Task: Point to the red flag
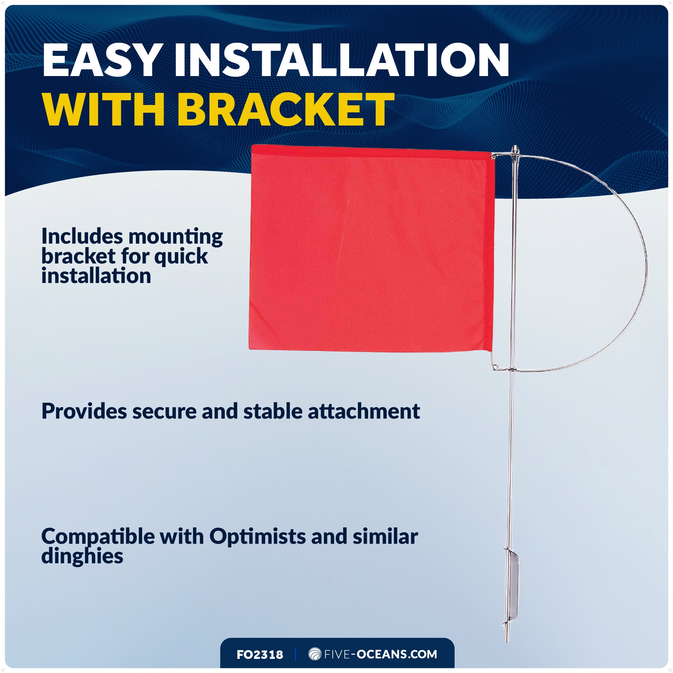tap(369, 249)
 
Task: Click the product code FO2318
tap(259, 654)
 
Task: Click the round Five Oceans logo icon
tap(315, 654)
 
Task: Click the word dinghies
tap(82, 556)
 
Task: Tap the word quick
tap(181, 257)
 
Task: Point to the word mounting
tap(176, 237)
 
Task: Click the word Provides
tap(84, 412)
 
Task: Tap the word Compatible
tap(98, 537)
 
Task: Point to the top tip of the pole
tap(515, 148)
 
